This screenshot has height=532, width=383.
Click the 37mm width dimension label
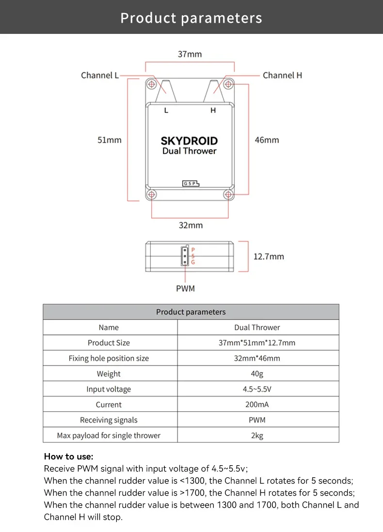pos(190,54)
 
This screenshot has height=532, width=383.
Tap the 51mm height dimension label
pos(110,140)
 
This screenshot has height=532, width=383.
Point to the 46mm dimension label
pos(267,140)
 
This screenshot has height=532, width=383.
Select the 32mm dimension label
pos(191,225)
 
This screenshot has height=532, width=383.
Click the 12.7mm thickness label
pos(269,256)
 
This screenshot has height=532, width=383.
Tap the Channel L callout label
pos(100,75)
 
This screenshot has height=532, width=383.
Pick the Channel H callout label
pos(282,75)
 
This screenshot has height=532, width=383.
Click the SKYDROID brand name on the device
pos(189,141)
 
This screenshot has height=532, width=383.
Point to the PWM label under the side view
pos(185,289)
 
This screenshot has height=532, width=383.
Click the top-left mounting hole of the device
pos(152,84)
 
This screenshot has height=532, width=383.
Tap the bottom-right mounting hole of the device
pos(228,195)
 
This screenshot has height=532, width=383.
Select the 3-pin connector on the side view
pos(185,256)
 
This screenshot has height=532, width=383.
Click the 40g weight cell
pos(257,374)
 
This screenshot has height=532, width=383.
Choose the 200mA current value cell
pos(257,405)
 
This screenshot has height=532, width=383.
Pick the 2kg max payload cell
pos(257,436)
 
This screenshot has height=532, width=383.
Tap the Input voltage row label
pos(109,389)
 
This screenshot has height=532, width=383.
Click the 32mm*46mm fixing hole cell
pos(257,358)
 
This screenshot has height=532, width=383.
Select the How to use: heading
pos(68,456)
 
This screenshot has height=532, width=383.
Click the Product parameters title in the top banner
pos(191,18)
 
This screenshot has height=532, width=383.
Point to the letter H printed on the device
pos(213,110)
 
